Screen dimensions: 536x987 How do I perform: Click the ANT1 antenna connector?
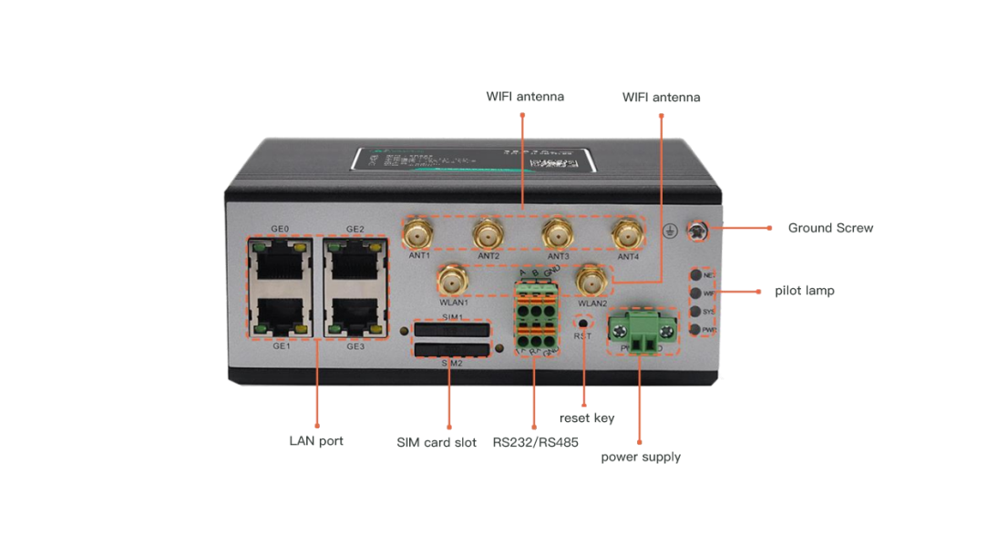[419, 233]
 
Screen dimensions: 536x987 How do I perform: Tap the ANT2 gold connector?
[488, 233]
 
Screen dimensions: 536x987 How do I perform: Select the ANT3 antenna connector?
[557, 233]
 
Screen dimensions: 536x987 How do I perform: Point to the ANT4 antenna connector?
[626, 234]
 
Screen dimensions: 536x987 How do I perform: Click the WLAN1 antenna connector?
[452, 278]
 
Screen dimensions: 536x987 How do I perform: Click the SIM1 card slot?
[452, 330]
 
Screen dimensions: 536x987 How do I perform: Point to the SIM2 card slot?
[452, 350]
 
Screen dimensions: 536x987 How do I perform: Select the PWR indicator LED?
[696, 330]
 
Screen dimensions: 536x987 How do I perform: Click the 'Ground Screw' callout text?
[830, 228]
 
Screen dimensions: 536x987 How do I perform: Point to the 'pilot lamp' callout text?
[805, 291]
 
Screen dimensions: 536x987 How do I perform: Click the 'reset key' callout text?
[586, 418]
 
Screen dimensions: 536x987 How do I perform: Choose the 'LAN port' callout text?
[316, 441]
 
